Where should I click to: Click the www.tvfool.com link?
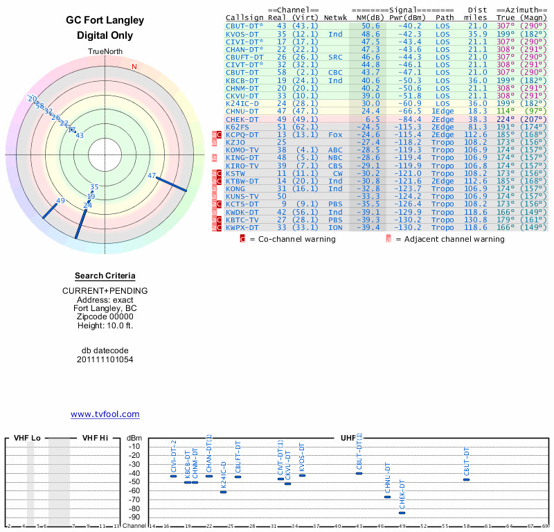click(x=105, y=414)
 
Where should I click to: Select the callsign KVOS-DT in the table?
click(x=242, y=34)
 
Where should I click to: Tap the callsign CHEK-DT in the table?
click(x=242, y=119)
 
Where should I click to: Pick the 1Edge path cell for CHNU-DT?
click(x=443, y=111)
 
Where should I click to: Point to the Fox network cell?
click(x=335, y=134)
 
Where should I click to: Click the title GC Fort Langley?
click(x=105, y=21)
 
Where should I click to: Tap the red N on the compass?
click(x=134, y=66)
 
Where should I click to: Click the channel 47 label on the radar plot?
click(x=152, y=175)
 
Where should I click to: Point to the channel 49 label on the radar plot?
click(x=60, y=201)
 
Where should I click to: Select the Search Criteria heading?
click(x=105, y=276)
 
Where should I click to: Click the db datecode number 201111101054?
click(x=105, y=360)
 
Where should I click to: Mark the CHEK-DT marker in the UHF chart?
click(x=402, y=513)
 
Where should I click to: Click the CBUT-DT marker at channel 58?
click(x=467, y=479)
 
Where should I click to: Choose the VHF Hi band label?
click(x=95, y=438)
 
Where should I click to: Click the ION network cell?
click(x=335, y=228)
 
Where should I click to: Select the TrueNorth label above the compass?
click(x=105, y=52)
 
